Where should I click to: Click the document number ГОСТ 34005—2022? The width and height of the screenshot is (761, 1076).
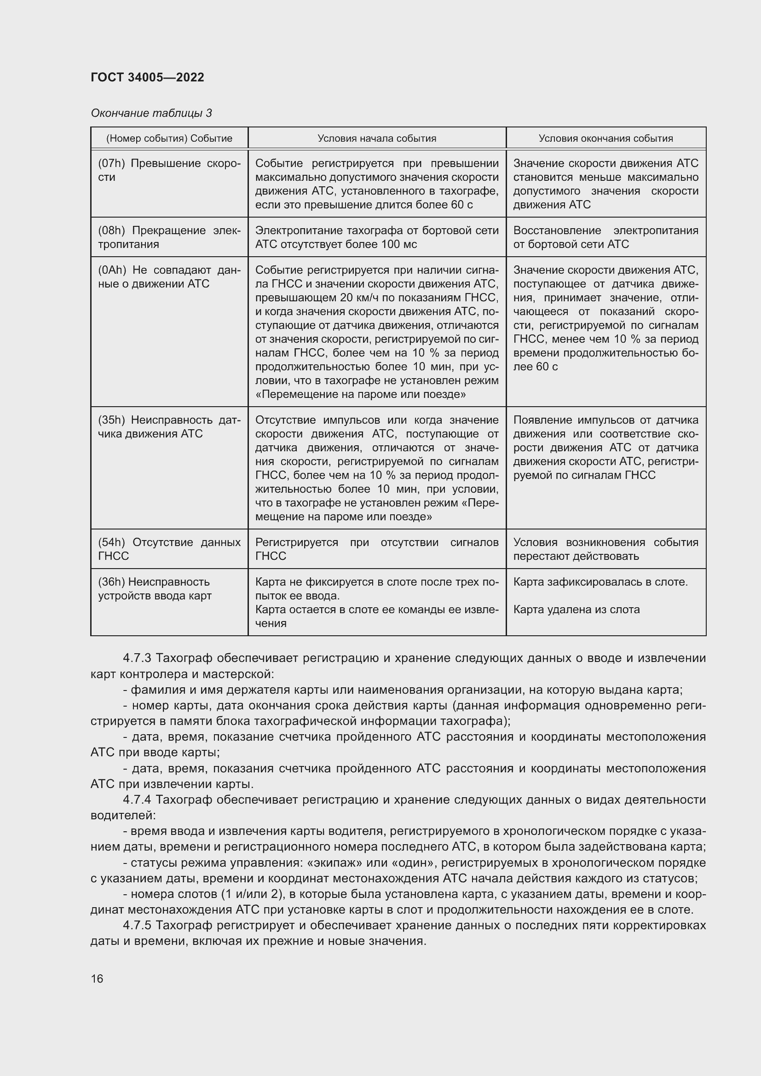coord(147,77)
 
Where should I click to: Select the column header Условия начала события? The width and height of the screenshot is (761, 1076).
coord(377,138)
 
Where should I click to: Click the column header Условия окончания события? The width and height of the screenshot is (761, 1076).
coord(605,138)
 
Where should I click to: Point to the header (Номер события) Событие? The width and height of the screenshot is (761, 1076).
coord(169,138)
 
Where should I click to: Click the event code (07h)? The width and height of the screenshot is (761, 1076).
coord(111,164)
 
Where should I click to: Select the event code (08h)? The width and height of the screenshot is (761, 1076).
coord(111,230)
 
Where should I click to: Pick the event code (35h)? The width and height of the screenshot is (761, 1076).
coord(111,420)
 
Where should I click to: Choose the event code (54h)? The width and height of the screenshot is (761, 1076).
coord(111,542)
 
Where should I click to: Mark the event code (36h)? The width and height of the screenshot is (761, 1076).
coord(111,581)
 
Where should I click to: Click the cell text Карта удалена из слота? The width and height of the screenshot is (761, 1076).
coord(577,609)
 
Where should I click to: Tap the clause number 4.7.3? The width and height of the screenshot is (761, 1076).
coord(136,658)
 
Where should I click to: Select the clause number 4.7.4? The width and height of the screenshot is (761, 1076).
coord(136,800)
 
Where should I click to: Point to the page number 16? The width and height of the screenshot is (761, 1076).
coord(97,978)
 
